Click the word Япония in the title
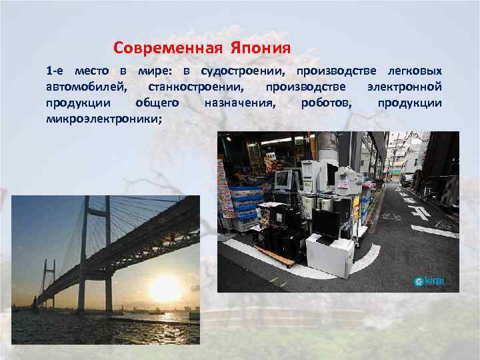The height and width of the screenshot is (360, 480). coord(261,48)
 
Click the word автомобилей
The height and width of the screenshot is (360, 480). coord(85,87)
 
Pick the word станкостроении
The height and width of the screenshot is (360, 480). coord(197,87)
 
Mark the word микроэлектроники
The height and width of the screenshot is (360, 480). coord(103,119)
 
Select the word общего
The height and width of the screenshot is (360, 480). coord(157,103)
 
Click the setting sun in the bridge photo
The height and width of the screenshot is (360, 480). coord(165,288)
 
